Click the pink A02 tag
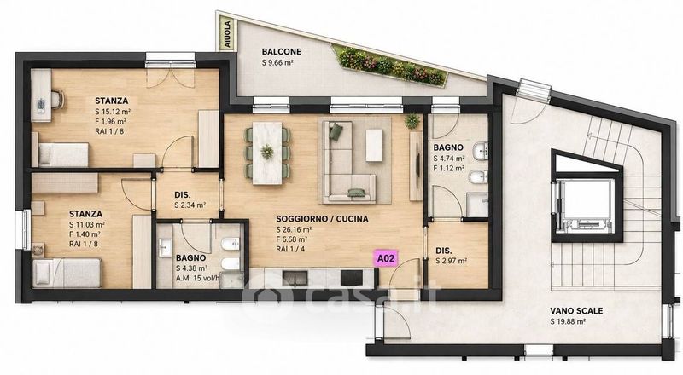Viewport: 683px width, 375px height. (x=386, y=258)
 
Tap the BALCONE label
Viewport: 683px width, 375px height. (x=282, y=51)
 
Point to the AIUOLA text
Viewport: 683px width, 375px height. (x=227, y=34)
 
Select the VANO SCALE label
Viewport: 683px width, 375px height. (x=576, y=310)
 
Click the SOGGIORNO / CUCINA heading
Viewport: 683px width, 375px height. (x=322, y=219)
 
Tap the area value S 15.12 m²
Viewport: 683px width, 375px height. (x=114, y=112)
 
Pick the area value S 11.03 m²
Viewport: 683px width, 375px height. (x=87, y=224)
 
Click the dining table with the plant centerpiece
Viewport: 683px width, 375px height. (x=267, y=153)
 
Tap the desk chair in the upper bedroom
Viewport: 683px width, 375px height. (x=56, y=100)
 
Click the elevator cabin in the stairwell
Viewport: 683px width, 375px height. (x=587, y=205)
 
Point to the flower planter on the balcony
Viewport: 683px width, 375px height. (x=389, y=65)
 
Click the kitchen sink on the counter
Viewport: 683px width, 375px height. (x=298, y=278)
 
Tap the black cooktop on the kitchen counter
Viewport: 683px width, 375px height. (x=352, y=278)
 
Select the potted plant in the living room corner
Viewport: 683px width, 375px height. (x=412, y=121)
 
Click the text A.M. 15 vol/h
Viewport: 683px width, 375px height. (x=198, y=278)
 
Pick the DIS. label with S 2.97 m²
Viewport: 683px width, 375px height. (x=452, y=256)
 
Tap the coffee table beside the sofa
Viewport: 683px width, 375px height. (x=374, y=145)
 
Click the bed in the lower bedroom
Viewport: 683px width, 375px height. (x=67, y=273)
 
